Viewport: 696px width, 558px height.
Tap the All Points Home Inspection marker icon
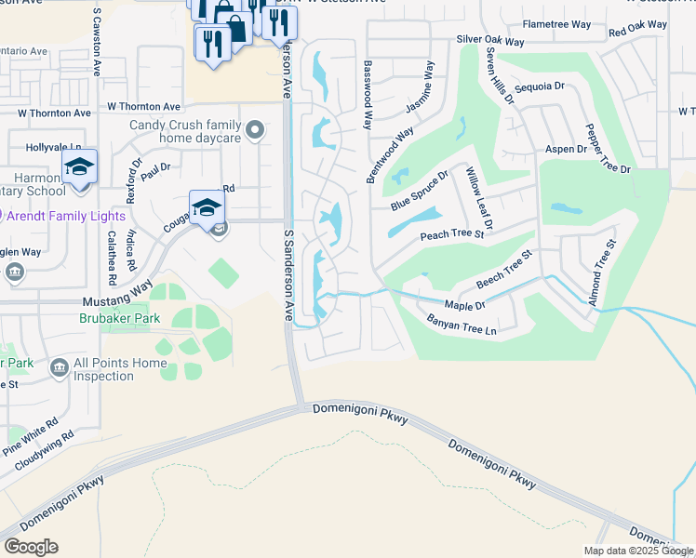[59, 368]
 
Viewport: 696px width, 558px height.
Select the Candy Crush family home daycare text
[185, 131]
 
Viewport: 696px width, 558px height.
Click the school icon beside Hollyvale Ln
[80, 167]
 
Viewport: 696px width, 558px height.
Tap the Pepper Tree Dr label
[607, 148]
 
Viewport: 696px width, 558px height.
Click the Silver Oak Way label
[491, 40]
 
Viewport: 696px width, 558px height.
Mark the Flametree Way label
[556, 23]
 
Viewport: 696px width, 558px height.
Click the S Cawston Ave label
[98, 41]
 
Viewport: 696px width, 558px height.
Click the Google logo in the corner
[31, 547]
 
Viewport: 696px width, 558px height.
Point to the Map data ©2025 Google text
[637, 551]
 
